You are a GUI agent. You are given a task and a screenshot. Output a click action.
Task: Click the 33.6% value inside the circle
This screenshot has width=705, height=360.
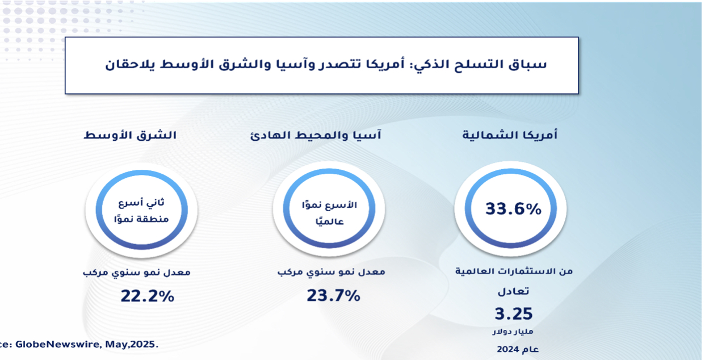point(513,209)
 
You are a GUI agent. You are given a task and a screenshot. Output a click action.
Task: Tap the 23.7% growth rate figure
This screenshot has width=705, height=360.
point(333,296)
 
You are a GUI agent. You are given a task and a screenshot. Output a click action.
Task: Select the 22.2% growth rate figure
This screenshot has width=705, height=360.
point(147,296)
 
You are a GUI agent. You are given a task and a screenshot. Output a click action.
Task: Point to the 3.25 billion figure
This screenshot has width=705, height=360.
point(513,313)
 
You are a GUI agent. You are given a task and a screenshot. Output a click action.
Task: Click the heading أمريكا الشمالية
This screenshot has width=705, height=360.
point(510,135)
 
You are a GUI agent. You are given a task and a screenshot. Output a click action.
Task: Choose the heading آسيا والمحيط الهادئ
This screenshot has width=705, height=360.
point(316,135)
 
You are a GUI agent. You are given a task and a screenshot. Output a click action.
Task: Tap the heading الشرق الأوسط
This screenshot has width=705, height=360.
point(130,135)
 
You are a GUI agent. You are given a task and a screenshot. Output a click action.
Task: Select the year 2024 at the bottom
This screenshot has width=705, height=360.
point(508,349)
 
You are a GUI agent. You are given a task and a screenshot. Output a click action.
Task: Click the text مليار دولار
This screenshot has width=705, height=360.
point(513,332)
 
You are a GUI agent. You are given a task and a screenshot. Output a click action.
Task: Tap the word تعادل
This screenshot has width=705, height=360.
point(513,291)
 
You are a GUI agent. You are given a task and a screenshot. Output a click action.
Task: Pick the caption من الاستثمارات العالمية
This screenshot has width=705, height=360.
point(514,271)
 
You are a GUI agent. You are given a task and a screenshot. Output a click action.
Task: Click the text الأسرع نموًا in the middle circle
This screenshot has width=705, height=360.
point(329,205)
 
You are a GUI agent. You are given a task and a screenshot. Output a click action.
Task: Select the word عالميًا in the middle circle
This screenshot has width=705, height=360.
point(330,221)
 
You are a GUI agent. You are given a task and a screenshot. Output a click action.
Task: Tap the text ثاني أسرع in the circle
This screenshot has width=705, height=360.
point(141,203)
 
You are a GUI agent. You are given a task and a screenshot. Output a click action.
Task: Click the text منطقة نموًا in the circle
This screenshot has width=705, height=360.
point(141,219)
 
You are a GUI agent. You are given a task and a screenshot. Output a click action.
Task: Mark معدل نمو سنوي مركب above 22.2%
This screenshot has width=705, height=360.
point(137,272)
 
